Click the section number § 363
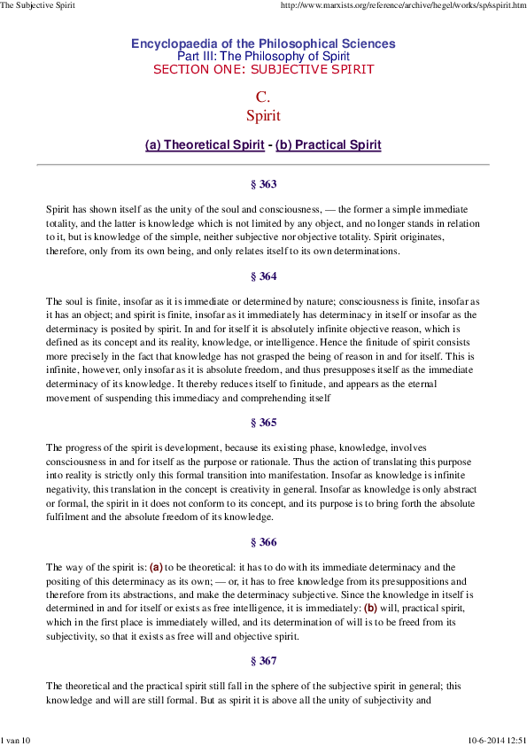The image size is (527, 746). pos(263,184)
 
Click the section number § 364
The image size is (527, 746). pos(263,276)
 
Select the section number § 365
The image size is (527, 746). pos(263,423)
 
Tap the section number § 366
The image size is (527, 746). pos(263,542)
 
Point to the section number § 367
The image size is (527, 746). pos(263,661)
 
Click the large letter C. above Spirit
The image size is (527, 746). pos(263,97)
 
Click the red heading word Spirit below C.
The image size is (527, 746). pos(263,115)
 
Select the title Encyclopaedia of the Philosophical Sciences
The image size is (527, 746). pos(263,43)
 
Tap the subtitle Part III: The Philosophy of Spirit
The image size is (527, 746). pos(263,56)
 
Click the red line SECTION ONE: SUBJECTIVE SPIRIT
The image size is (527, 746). pos(263,69)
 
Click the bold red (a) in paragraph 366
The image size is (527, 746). pos(156,567)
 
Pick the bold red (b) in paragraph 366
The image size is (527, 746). pos(370,609)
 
